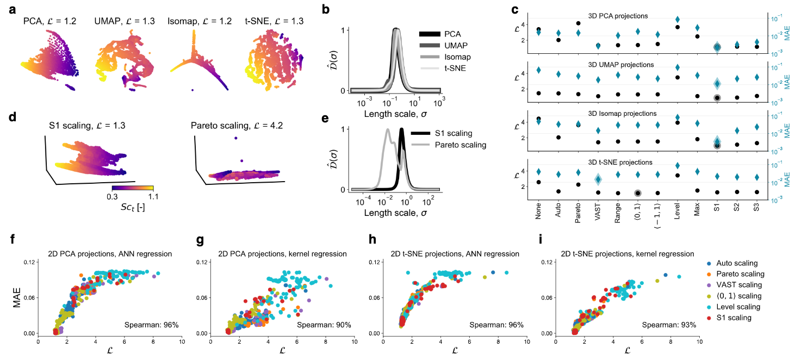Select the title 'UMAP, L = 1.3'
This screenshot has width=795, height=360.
point(123,22)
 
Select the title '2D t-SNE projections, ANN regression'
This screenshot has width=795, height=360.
point(446,253)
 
